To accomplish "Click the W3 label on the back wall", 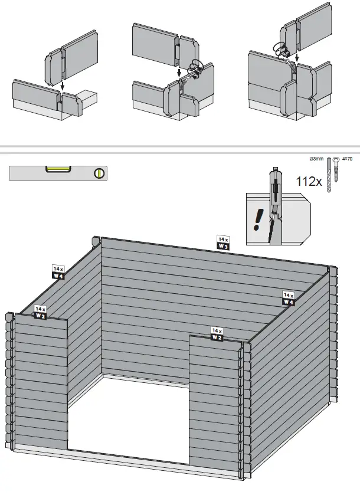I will click(223, 246).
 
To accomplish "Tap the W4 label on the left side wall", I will click(58, 275).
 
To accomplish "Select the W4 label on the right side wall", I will click(289, 301).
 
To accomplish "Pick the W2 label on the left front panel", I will click(40, 316).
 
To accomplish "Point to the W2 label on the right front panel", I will click(217, 337).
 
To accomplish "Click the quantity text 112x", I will click(309, 182).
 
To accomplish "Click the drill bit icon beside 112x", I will click(330, 176).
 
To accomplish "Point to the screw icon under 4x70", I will click(337, 176).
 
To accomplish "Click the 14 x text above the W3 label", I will click(223, 239).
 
